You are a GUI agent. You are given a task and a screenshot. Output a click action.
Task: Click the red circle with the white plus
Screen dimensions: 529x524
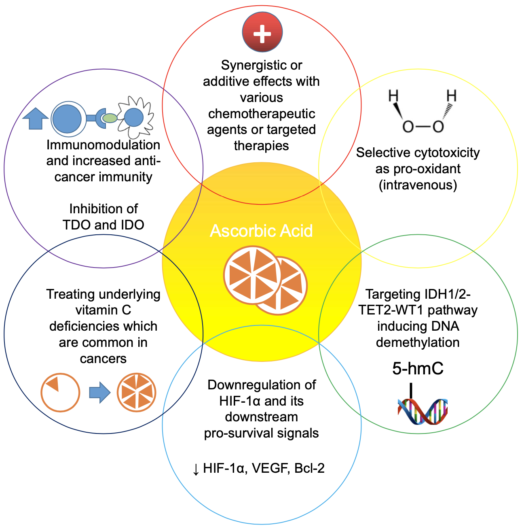[x=262, y=32]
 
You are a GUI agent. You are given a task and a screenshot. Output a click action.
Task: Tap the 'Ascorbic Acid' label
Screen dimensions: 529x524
[x=261, y=231]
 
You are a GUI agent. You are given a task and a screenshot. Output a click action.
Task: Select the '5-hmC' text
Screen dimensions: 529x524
[x=418, y=368]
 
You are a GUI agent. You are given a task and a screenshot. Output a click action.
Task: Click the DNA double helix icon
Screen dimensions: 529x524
[x=423, y=411]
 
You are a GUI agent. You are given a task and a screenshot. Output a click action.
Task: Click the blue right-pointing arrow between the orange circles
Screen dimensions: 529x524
[x=99, y=392]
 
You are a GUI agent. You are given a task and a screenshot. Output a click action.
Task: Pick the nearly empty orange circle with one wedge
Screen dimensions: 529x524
[x=60, y=392]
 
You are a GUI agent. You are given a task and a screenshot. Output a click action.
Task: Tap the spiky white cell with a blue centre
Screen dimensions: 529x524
[x=134, y=117]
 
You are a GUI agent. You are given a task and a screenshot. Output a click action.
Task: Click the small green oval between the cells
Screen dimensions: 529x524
[x=109, y=118]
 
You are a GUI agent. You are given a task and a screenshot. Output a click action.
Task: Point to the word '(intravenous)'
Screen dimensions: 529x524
[x=418, y=185]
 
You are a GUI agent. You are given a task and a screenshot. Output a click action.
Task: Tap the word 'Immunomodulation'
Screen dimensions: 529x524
[x=104, y=144]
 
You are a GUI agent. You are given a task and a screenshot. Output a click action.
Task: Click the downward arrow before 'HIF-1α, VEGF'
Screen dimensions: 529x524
[x=196, y=469]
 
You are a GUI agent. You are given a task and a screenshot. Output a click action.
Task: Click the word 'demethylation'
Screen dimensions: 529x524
[x=418, y=342]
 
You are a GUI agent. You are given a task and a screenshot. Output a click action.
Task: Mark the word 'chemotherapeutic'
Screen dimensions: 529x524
[x=262, y=114]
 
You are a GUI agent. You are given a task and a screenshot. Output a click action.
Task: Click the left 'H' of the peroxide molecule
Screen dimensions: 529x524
[x=393, y=96]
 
